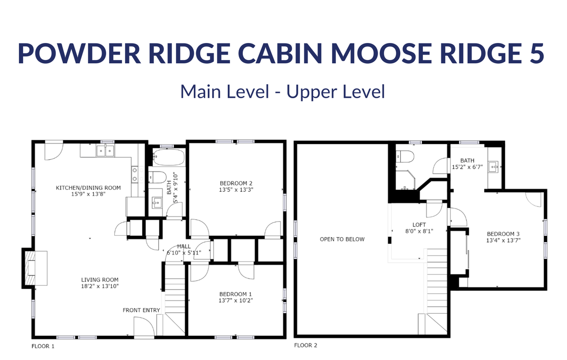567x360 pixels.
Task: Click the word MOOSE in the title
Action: click(381, 53)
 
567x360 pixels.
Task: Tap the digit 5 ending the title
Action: click(536, 53)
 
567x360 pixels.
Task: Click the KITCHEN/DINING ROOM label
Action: click(88, 188)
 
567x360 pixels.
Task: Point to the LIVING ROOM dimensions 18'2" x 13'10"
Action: click(100, 286)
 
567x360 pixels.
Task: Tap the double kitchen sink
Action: click(105, 151)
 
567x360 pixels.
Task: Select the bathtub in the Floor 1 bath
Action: click(168, 157)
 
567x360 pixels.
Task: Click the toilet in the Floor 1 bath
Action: click(157, 177)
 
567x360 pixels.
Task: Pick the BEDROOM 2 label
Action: click(236, 183)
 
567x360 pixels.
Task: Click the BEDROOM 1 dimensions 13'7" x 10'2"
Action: click(236, 300)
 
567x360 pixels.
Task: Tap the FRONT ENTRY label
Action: click(141, 310)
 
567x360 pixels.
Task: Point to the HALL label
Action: click(184, 246)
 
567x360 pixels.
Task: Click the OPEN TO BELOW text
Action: click(342, 239)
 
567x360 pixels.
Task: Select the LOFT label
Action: click(419, 224)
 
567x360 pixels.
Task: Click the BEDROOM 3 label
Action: click(503, 234)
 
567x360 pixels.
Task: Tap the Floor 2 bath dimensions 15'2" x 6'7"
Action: click(467, 167)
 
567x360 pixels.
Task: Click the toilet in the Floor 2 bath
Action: click(405, 156)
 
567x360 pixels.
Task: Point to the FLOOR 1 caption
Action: click(43, 346)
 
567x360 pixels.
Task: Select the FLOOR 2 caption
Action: click(306, 345)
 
